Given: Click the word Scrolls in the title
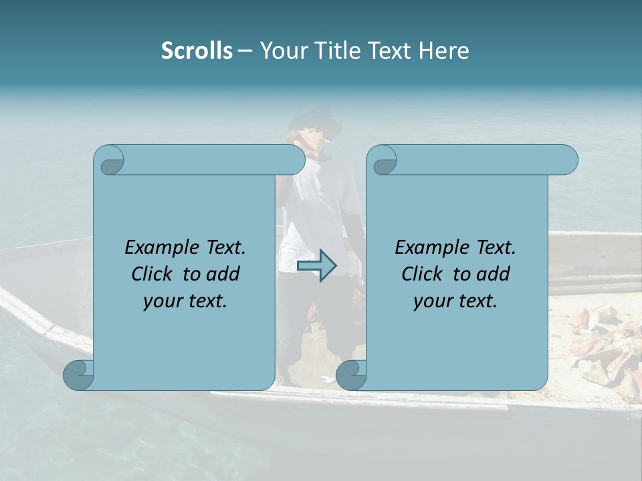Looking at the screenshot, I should click(197, 51).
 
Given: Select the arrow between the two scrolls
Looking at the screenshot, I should click(317, 266).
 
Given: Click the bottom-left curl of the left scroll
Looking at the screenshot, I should click(79, 375).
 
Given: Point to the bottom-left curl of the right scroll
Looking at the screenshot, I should click(352, 375).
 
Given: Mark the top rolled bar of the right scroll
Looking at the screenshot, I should click(481, 160).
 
